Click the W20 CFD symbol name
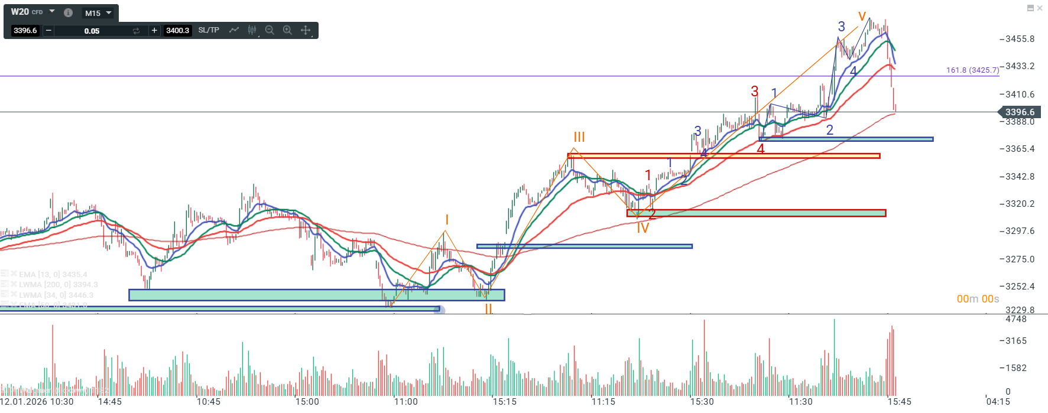coord(27,12)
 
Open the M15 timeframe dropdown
coord(98,13)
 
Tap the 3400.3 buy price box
coord(177,31)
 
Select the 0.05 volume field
coord(92,31)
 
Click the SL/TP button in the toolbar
coord(209,30)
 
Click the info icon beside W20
coord(68,12)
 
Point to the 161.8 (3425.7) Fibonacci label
coord(972,70)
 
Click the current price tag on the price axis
coord(1019,112)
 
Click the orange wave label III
coord(579,137)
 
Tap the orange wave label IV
coord(643,229)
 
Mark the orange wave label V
coord(862,17)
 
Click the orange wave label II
coord(488,309)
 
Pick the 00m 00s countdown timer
coord(978,299)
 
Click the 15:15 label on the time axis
coord(504,402)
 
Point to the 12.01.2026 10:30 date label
coord(37,402)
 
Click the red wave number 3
coord(754,92)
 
